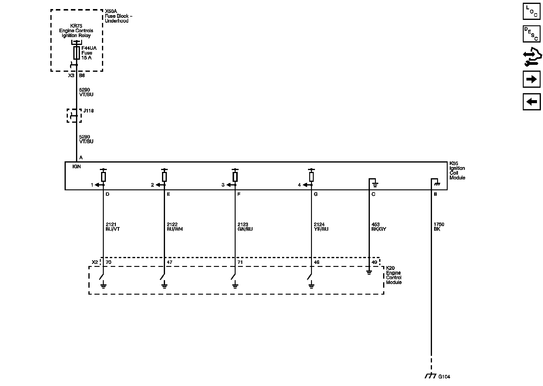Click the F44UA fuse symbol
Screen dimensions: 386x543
point(77,53)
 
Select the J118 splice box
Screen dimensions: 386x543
point(74,116)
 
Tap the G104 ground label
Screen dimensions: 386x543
point(444,377)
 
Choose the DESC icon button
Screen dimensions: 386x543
point(532,34)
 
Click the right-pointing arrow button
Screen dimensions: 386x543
point(532,79)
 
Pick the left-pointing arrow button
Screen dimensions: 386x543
point(532,102)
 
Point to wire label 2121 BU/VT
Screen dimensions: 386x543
point(113,227)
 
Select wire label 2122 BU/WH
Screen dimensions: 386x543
point(175,227)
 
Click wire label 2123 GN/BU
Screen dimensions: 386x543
point(245,227)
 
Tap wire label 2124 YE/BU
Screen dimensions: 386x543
point(321,227)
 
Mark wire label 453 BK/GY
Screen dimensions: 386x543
point(379,227)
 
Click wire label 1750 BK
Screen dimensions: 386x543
point(439,227)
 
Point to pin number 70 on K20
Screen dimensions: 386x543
point(109,262)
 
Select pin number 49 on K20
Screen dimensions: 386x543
point(374,262)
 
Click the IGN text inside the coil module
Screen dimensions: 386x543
point(77,166)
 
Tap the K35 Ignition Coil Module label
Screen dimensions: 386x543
point(457,170)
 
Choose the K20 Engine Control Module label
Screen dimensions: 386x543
point(394,275)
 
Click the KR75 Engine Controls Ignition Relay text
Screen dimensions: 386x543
point(76,31)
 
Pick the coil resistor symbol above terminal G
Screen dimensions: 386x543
point(311,176)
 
